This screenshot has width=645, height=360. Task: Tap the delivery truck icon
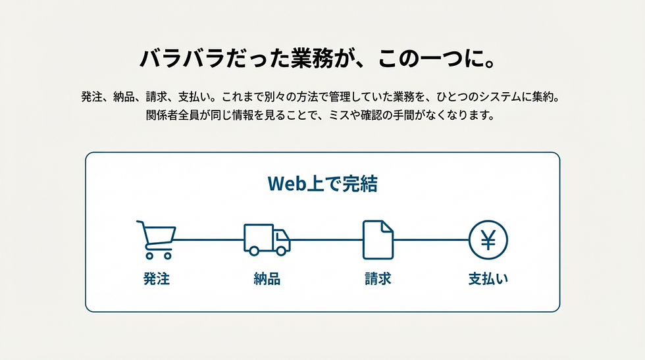click(x=267, y=240)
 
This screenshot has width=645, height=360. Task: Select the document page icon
click(x=378, y=240)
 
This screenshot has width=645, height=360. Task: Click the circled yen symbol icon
click(x=488, y=240)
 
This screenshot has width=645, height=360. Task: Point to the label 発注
click(x=157, y=279)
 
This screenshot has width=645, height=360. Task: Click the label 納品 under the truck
click(x=267, y=279)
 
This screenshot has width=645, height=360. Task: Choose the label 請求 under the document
click(x=378, y=279)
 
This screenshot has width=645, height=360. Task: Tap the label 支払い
click(x=488, y=279)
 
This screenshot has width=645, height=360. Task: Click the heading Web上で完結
click(x=322, y=184)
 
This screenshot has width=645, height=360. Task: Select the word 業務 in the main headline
click(x=312, y=59)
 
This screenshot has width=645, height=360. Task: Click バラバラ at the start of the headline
click(x=182, y=59)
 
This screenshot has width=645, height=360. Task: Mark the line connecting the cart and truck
click(x=209, y=240)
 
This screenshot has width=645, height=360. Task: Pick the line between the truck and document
click(x=326, y=240)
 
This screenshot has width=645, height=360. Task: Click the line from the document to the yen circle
click(x=431, y=240)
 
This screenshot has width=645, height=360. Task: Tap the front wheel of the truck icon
click(x=281, y=251)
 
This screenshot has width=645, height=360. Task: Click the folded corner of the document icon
click(x=387, y=227)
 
